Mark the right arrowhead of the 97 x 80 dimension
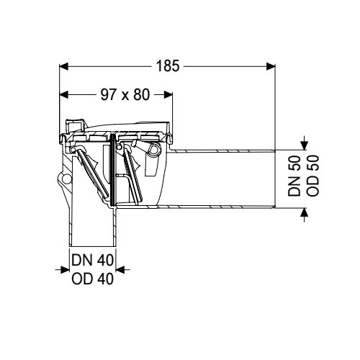(x=168, y=94)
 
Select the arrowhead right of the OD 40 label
(x=120, y=270)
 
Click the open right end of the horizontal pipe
(x=274, y=179)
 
